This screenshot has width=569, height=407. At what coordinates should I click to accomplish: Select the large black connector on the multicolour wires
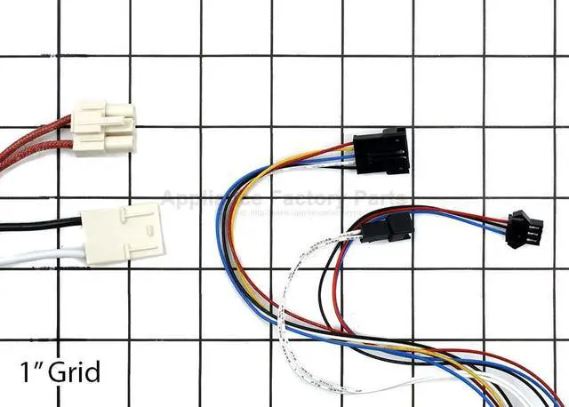coord(380,151)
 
